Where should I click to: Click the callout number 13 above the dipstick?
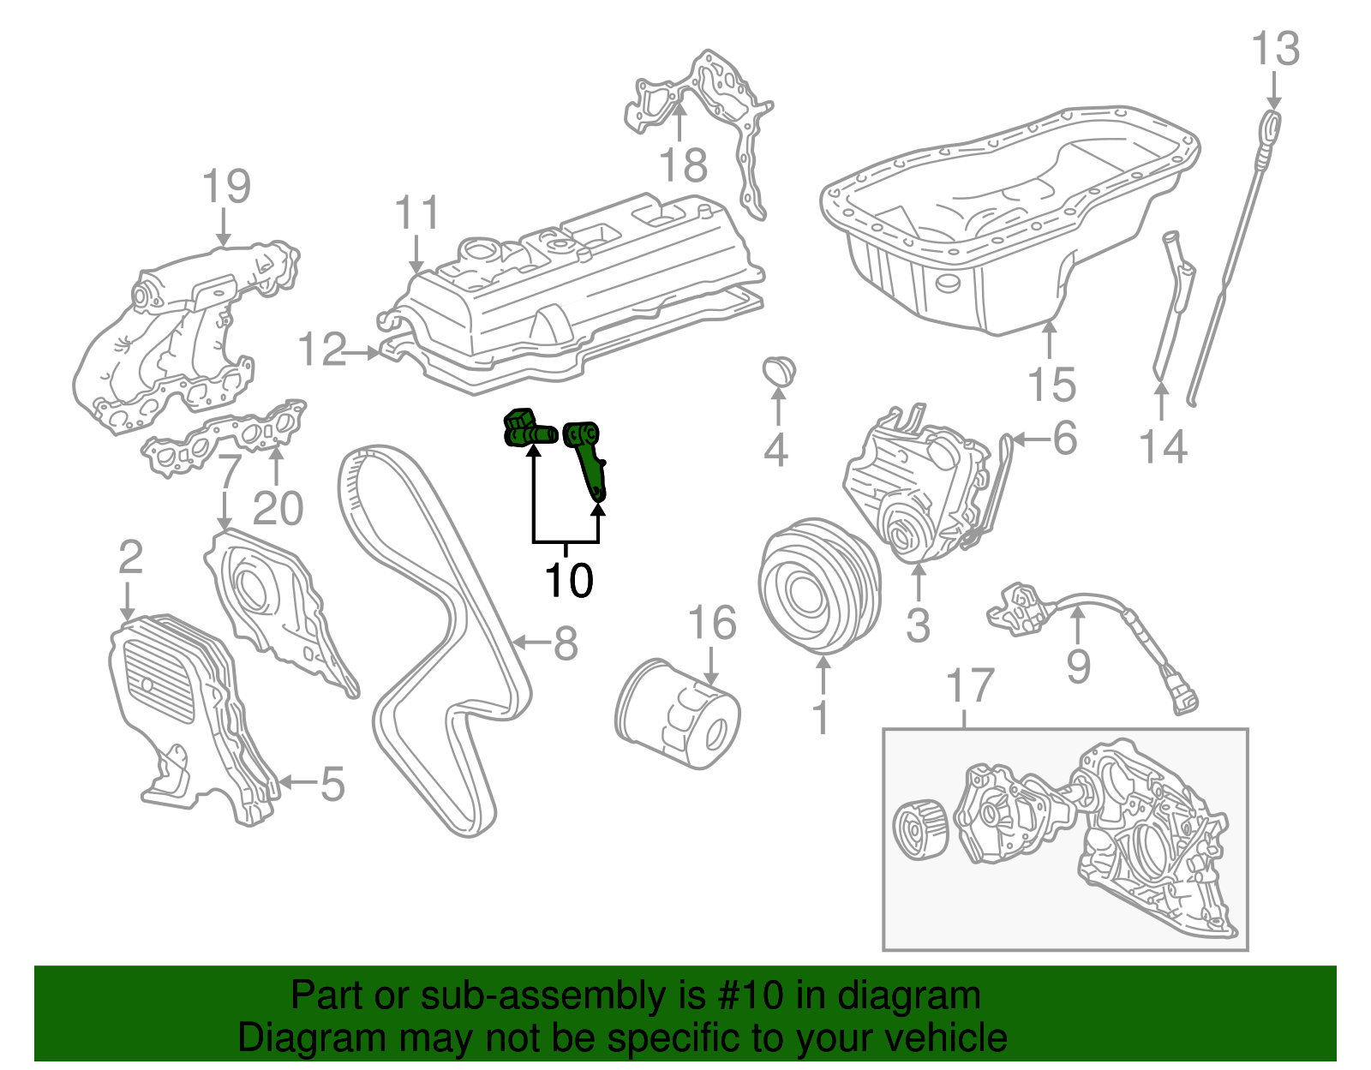[1275, 49]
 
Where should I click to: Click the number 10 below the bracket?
[568, 580]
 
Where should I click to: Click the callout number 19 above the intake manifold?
[226, 186]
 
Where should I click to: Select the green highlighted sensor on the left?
[526, 429]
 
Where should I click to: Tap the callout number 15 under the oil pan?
[1051, 385]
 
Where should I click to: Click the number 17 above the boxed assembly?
[970, 686]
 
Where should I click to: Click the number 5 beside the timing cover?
[332, 784]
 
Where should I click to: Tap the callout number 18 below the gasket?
[683, 164]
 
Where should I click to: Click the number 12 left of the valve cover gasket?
[321, 350]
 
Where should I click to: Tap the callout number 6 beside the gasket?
[1063, 439]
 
